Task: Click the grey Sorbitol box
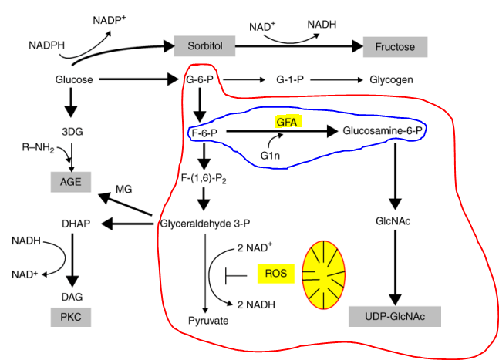204,46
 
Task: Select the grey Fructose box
396,47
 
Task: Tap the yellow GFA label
287,122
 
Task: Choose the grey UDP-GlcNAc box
395,316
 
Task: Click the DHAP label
76,224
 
